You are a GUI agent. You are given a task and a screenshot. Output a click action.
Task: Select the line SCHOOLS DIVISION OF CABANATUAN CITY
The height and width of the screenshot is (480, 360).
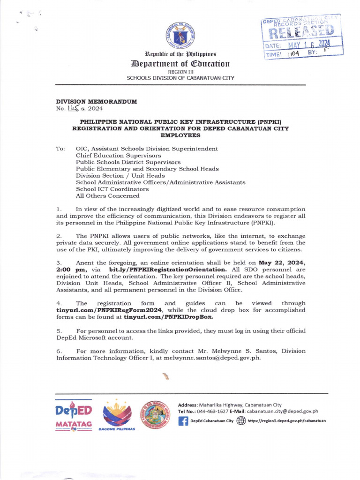[x=180, y=78]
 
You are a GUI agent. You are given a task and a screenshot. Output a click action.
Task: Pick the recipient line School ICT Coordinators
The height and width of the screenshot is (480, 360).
[x=112, y=189]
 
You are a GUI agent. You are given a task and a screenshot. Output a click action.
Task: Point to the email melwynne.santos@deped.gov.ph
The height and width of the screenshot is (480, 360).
[x=208, y=358]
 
